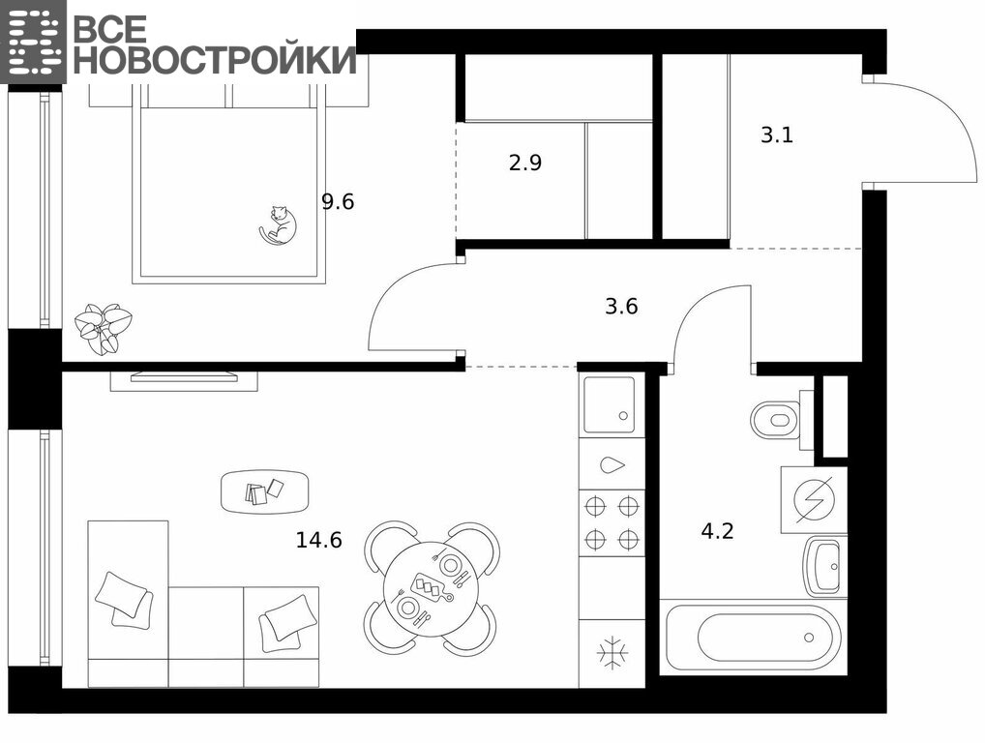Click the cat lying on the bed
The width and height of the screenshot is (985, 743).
(279, 224)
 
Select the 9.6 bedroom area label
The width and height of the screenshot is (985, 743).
(338, 201)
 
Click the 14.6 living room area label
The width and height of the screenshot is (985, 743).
(319, 540)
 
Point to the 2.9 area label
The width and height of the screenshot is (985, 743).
(525, 163)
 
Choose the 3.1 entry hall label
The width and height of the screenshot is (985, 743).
(777, 135)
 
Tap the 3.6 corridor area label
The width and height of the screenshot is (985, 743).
(621, 307)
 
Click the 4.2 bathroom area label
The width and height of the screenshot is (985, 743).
(717, 531)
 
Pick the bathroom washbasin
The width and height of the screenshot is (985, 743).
(825, 566)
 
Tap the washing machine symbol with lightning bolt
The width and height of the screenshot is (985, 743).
(814, 500)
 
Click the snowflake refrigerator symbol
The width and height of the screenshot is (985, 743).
(612, 653)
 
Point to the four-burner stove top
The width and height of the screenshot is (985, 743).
(612, 522)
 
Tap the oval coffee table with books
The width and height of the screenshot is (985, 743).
(265, 490)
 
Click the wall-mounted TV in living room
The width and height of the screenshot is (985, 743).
(184, 377)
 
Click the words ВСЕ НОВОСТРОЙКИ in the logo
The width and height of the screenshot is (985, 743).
(214, 44)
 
